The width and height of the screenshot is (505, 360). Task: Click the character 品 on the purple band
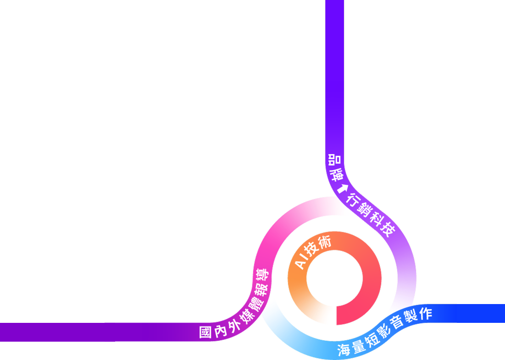(x=335, y=160)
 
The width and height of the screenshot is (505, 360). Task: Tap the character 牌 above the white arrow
(x=337, y=174)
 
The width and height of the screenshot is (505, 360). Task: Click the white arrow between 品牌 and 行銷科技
(x=342, y=188)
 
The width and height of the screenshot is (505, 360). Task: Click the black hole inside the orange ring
(x=334, y=279)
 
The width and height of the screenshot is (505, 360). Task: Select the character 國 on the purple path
(x=206, y=332)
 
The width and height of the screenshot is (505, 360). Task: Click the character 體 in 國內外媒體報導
(x=254, y=304)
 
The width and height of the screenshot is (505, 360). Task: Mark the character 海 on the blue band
(x=344, y=350)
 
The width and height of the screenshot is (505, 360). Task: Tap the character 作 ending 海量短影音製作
(x=425, y=314)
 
